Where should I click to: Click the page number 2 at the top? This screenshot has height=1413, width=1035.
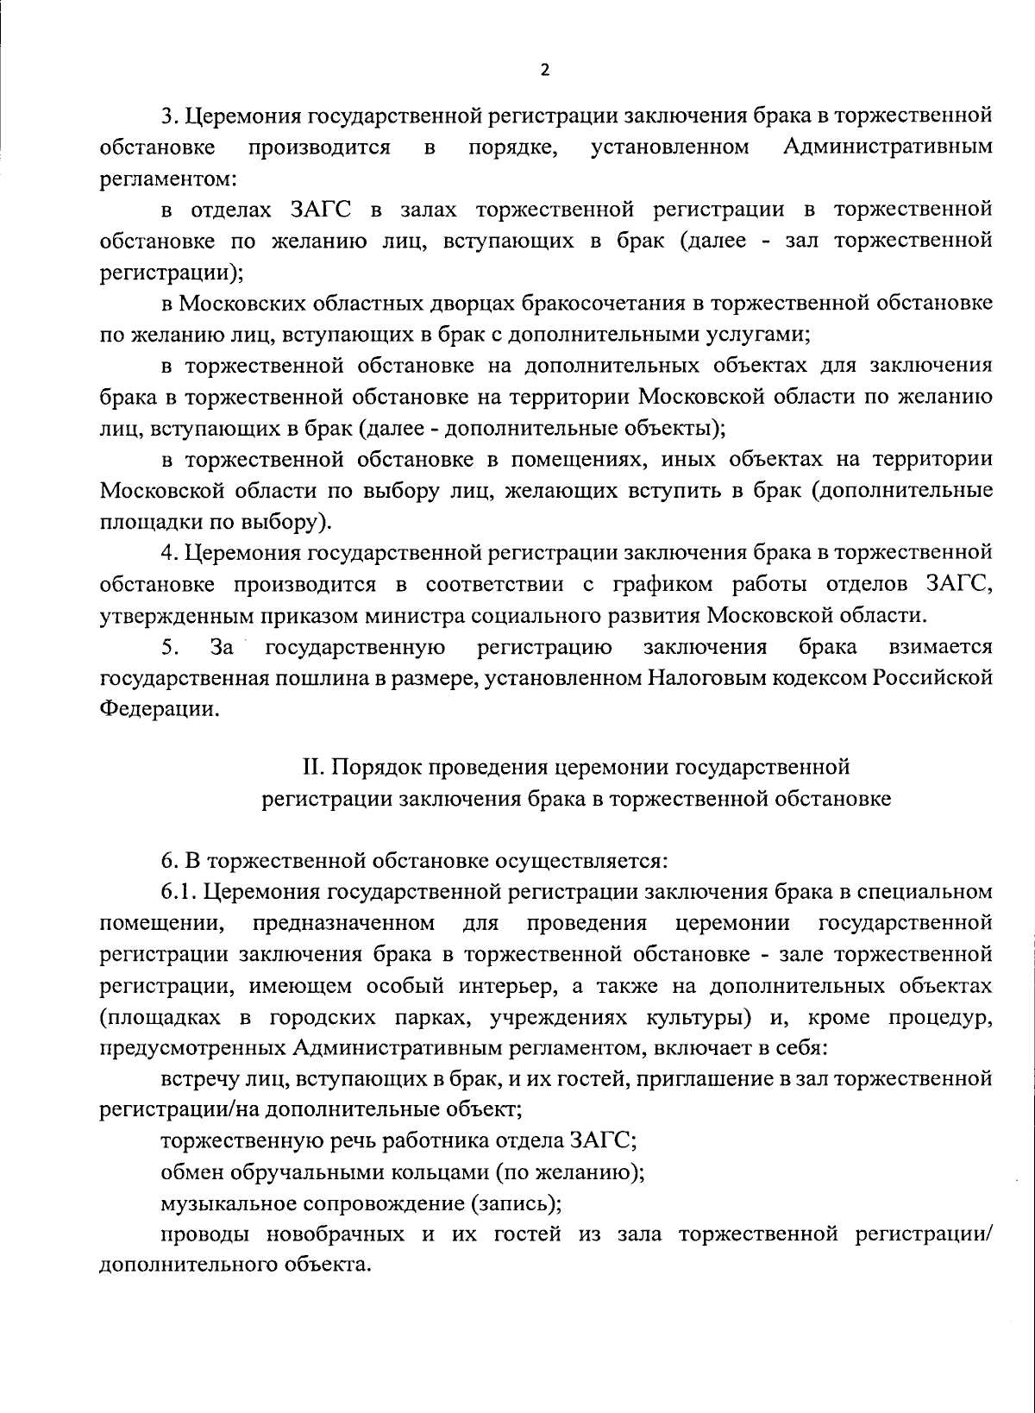[x=544, y=71]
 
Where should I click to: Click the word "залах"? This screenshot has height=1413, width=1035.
[x=411, y=210]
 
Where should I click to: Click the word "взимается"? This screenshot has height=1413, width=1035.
[x=940, y=646]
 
